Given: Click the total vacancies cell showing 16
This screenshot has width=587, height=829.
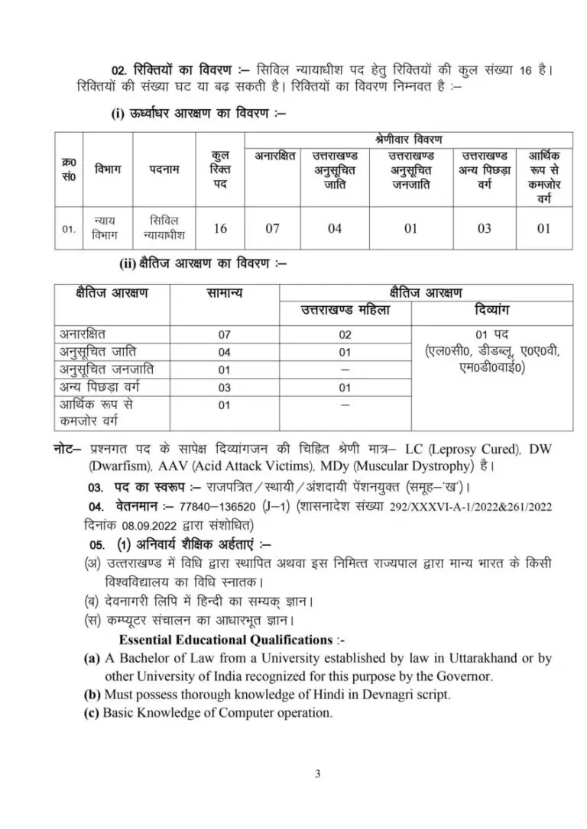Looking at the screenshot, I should coord(220,228).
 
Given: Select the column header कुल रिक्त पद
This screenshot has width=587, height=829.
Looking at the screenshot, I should coord(220,169).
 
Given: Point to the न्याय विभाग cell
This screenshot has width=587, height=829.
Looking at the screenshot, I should coord(108,228).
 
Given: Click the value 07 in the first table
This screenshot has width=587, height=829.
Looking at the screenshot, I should coord(273,228).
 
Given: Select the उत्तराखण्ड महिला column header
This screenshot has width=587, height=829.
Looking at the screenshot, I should coord(345,311).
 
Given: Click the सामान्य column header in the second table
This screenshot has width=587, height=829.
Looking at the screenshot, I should coord(224,293).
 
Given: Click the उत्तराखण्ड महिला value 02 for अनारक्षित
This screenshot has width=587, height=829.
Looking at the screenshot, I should coord(345,334).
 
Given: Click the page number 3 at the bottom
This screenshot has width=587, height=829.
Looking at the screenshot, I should coord(317,774).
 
